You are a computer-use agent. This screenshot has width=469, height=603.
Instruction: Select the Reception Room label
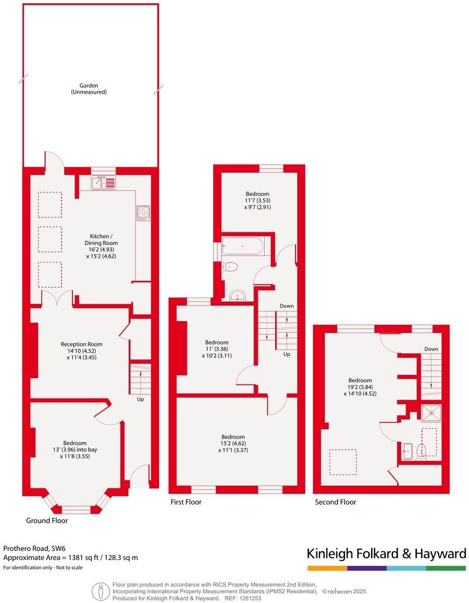click(81, 350)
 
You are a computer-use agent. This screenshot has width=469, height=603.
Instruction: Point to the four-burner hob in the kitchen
click(143, 213)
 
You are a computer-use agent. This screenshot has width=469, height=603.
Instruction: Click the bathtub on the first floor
click(242, 247)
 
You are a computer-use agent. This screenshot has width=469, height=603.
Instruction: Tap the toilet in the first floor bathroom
click(230, 266)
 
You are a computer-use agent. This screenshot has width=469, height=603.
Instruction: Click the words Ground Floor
click(47, 521)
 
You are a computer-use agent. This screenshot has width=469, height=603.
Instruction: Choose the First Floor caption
click(185, 502)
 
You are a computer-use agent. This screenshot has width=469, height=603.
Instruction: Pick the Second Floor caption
click(335, 502)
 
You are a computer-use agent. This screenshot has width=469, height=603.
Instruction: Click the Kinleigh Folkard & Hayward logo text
click(386, 554)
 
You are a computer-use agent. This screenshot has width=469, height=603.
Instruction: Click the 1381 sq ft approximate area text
click(70, 558)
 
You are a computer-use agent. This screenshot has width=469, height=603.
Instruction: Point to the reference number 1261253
click(250, 598)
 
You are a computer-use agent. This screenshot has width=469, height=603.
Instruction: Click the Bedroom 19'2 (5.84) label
click(359, 387)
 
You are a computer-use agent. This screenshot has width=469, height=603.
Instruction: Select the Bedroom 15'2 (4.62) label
click(233, 443)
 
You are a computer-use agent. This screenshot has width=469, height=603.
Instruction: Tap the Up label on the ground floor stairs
click(140, 399)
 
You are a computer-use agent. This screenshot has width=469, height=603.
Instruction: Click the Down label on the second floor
click(431, 349)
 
